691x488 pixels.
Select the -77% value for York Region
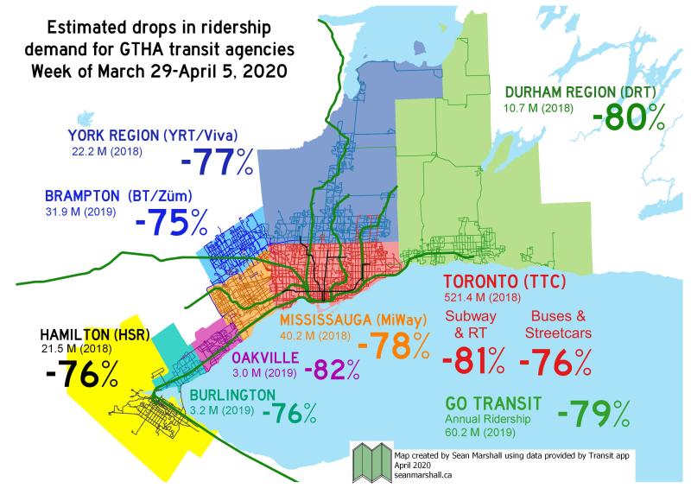[218, 162]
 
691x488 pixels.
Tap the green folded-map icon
[371, 464]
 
